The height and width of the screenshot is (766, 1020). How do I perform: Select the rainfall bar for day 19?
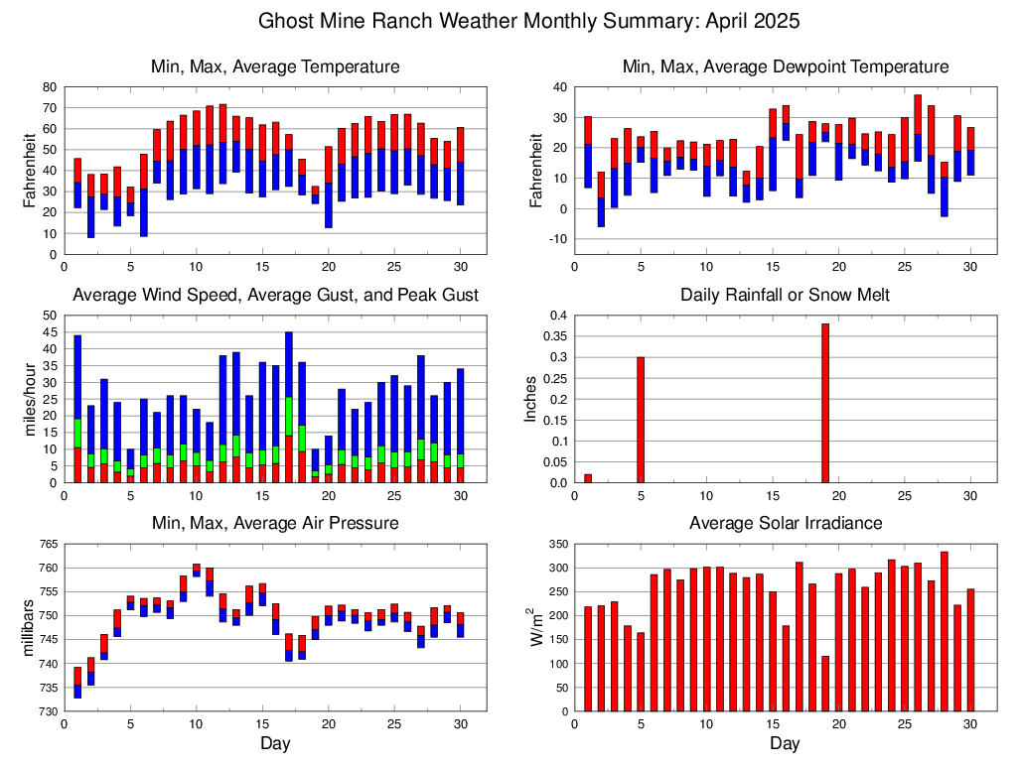825,403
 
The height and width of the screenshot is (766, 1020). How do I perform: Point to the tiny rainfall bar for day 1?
588,478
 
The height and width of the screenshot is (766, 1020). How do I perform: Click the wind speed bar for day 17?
289,407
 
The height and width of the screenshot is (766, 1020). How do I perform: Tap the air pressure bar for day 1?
77,682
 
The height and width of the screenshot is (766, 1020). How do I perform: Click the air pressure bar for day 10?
197,570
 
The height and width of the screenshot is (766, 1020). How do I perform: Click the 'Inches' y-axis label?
531,399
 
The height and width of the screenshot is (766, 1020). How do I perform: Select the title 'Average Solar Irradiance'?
785,523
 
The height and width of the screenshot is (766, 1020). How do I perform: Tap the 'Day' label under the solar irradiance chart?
785,743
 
